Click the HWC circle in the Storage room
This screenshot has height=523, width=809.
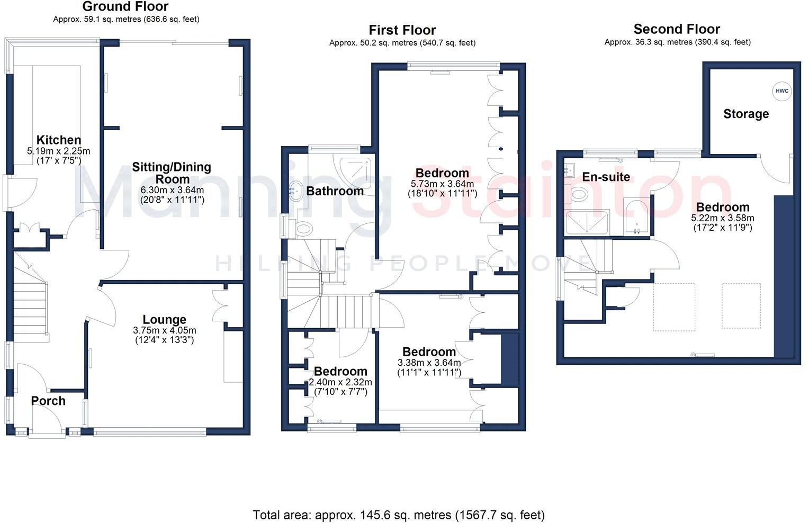781,91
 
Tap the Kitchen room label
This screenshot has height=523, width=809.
59,140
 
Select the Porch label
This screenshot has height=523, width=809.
48,401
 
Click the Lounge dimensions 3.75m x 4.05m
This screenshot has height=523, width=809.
164,330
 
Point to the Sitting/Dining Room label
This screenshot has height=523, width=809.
172,173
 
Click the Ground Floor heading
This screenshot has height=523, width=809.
125,7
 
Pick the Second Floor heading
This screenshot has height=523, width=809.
677,29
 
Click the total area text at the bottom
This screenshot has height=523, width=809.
398,515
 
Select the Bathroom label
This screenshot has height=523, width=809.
335,191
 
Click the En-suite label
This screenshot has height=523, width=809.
606,177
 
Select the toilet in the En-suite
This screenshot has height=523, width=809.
578,194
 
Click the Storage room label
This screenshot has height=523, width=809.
745,114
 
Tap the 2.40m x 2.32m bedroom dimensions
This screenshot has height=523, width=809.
340,382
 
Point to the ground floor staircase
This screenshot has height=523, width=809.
30,307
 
